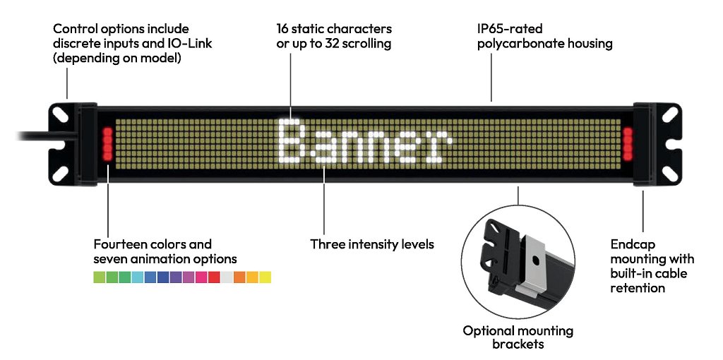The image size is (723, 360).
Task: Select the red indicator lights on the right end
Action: [628, 144]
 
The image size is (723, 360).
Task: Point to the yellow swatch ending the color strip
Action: [265, 277]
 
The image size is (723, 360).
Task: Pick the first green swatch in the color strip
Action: [100, 277]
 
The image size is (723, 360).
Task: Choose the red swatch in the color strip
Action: [214, 277]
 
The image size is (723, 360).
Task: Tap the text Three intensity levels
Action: [372, 245]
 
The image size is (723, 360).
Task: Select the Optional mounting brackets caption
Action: [518, 337]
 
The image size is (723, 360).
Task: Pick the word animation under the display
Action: [160, 259]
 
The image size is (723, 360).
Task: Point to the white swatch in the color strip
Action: [227, 277]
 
